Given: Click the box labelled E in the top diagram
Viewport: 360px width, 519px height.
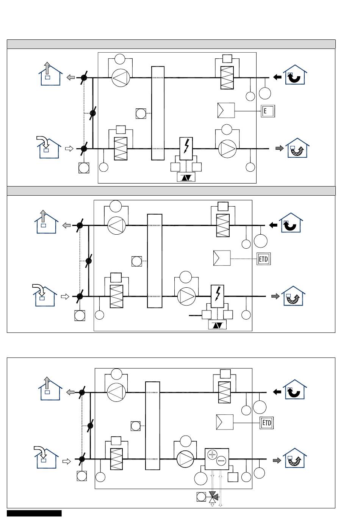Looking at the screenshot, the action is click(268, 111).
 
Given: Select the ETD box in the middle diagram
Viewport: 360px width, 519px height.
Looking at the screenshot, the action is click(263, 259).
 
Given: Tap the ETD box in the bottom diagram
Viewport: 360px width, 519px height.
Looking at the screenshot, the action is click(266, 423).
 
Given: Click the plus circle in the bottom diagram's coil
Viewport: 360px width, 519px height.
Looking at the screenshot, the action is click(212, 455).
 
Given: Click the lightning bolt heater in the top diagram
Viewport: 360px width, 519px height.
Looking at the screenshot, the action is click(186, 149).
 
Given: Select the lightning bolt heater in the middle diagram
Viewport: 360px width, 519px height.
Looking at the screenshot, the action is click(217, 296).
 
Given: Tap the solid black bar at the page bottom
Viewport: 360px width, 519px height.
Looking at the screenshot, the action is click(34, 513).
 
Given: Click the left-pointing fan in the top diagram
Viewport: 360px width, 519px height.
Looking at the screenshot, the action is click(121, 78).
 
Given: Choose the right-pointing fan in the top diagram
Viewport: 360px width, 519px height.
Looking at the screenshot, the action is click(227, 149).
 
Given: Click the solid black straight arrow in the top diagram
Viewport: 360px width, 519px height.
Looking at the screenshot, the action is click(277, 77).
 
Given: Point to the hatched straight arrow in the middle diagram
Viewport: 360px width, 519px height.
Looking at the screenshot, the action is click(275, 296).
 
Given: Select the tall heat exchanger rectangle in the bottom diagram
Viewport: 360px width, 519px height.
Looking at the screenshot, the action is click(152, 426).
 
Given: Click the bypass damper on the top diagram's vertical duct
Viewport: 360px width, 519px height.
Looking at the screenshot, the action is click(93, 113).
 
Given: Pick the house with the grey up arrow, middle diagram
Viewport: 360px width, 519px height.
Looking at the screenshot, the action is click(46, 222).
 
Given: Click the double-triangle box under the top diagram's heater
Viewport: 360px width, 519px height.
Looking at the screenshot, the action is click(186, 177).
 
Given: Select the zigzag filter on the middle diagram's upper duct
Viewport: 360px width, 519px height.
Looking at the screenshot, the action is click(223, 226).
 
